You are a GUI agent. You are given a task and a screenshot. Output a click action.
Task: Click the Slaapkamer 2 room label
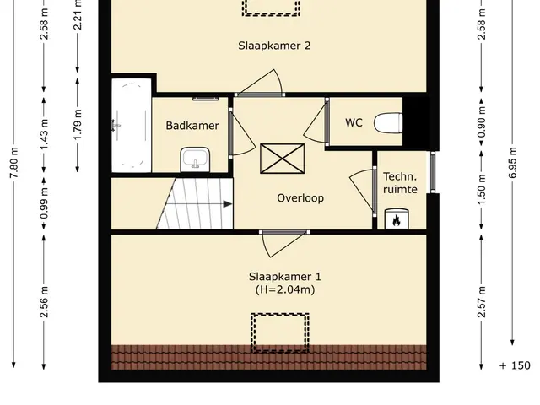pyautogui.click(x=274, y=46)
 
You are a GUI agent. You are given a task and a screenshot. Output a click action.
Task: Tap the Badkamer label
pyautogui.click(x=192, y=126)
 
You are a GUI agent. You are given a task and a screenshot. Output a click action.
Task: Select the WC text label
pyautogui.click(x=354, y=122)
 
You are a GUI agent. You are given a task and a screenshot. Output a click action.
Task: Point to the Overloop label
pyautogui.click(x=300, y=198)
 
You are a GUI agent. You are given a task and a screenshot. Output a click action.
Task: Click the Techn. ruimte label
pyautogui.click(x=400, y=183)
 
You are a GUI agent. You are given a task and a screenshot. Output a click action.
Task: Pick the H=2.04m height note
pyautogui.click(x=285, y=289)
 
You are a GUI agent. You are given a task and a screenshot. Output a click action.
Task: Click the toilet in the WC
pyautogui.click(x=388, y=123)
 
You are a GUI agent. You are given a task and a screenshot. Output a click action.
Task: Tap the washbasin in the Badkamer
pyautogui.click(x=195, y=159)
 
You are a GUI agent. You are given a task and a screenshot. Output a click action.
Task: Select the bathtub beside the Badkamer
pyautogui.click(x=132, y=126)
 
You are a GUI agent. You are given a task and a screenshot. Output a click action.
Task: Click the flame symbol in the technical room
pyautogui.click(x=397, y=220)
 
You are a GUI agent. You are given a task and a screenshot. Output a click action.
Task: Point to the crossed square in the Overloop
pyautogui.click(x=283, y=159)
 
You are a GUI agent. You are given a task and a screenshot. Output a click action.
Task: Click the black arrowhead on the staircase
pyautogui.click(x=228, y=204)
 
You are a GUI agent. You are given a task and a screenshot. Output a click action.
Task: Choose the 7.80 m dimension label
pyautogui.click(x=13, y=163)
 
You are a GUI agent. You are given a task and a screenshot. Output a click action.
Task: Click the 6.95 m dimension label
pyautogui.click(x=512, y=163)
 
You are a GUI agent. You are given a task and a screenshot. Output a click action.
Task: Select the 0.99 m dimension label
pyautogui.click(x=44, y=203)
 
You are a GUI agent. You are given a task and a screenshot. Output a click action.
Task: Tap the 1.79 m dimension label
pyautogui.click(x=78, y=125)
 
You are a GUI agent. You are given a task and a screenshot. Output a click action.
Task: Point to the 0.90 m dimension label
pyautogui.click(x=482, y=121)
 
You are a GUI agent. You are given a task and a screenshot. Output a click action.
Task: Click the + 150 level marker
pyautogui.click(x=515, y=365)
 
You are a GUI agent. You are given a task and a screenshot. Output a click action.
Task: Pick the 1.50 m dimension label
pyautogui.click(x=482, y=189)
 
